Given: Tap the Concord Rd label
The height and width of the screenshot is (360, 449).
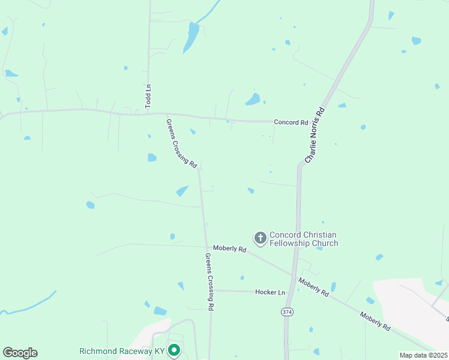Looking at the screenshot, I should [291, 122].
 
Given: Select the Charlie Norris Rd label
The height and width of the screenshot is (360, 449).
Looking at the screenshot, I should [315, 135].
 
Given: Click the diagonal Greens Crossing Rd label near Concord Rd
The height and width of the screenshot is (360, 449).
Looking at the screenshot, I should [182, 143].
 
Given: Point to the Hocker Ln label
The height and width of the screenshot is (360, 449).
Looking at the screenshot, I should [270, 292].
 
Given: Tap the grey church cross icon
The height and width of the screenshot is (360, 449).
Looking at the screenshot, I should [260, 238].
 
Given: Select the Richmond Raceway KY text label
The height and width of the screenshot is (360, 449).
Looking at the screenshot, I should [122, 350].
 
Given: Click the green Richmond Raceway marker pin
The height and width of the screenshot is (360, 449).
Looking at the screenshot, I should [174, 349].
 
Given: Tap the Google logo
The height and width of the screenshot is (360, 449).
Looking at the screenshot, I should [20, 353].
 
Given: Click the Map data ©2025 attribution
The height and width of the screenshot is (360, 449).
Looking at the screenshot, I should [423, 355].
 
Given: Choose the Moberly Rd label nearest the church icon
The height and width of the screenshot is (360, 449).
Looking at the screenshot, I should [229, 248].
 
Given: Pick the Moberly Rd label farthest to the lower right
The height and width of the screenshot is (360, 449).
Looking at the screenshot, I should [375, 321].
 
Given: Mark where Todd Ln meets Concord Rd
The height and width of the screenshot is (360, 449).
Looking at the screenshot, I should [149, 112].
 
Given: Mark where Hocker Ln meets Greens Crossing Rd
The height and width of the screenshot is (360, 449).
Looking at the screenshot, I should [214, 290].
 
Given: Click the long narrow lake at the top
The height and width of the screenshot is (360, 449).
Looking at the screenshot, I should [191, 37].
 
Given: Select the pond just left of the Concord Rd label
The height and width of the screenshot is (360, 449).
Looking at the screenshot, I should [253, 99].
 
